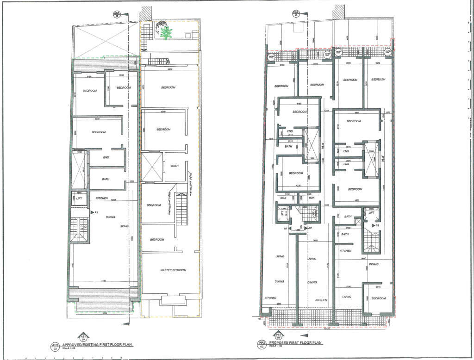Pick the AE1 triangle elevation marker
coord(84,336)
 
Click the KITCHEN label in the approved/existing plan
coord(101,198)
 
